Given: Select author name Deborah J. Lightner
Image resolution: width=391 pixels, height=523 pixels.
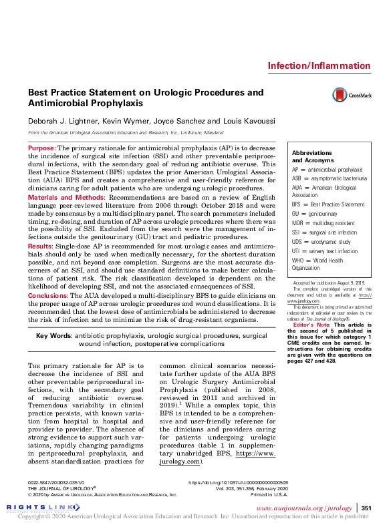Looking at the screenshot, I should [x=63, y=121].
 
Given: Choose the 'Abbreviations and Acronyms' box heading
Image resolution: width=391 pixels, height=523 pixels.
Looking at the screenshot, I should [x=311, y=156].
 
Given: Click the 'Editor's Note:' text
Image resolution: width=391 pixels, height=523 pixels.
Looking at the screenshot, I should [x=309, y=324].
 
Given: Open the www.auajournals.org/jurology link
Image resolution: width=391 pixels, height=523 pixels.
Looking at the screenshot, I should [x=313, y=508].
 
